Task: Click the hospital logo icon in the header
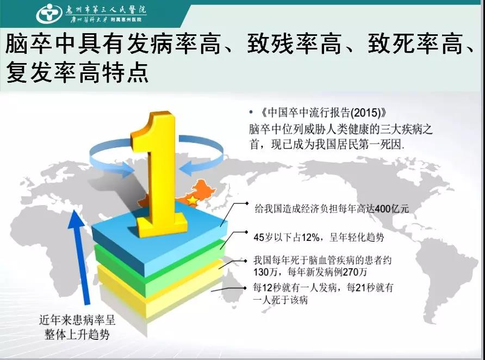[49, 14]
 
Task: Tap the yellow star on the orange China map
[192, 201]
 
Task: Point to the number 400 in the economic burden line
[383, 209]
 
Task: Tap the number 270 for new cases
[351, 272]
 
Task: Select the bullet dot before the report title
[251, 113]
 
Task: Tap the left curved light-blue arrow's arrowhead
[128, 171]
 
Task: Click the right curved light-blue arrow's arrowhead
[185, 169]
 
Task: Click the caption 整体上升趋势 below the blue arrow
[77, 334]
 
